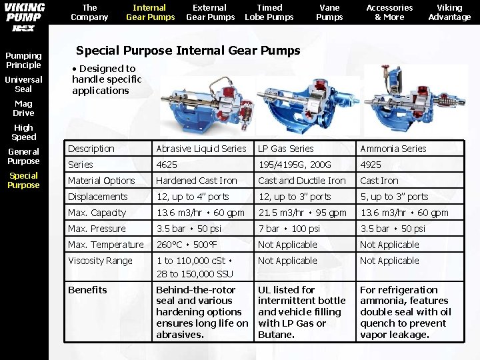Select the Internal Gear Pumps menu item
click(150, 12)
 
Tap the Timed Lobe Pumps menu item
click(269, 12)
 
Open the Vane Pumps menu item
click(329, 12)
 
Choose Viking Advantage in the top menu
click(449, 12)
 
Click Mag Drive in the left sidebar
click(23, 108)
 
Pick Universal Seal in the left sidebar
click(23, 84)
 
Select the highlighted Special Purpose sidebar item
click(23, 180)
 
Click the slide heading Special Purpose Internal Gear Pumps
click(188, 50)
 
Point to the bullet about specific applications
click(107, 79)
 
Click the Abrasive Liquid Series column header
click(201, 149)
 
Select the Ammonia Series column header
click(393, 149)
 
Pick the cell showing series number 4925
click(371, 165)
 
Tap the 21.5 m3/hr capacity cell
click(302, 213)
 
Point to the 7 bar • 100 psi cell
click(289, 229)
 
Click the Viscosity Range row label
click(100, 261)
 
